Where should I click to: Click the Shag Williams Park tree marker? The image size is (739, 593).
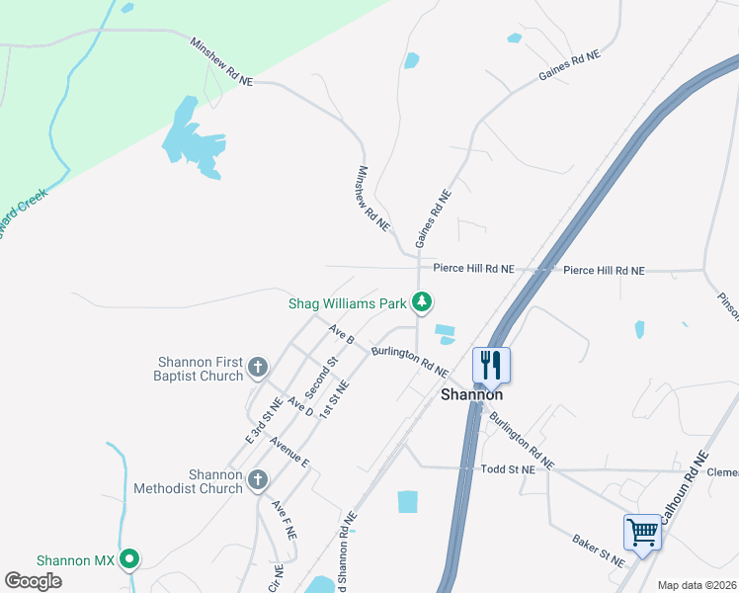pyautogui.click(x=422, y=301)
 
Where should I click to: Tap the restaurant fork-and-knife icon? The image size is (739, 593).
pyautogui.click(x=491, y=365)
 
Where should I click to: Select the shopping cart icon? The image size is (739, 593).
pyautogui.click(x=642, y=533)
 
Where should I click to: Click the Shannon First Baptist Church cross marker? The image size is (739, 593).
pyautogui.click(x=257, y=369)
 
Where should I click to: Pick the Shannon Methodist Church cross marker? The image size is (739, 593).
pyautogui.click(x=257, y=480)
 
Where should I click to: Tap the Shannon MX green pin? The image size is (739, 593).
pyautogui.click(x=128, y=559)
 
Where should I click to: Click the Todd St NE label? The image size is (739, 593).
pyautogui.click(x=507, y=470)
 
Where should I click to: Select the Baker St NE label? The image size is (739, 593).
pyautogui.click(x=599, y=551)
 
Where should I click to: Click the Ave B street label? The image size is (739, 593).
pyautogui.click(x=342, y=334)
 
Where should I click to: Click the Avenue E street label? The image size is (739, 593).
pyautogui.click(x=289, y=454)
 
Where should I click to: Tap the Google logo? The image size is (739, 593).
pyautogui.click(x=33, y=581)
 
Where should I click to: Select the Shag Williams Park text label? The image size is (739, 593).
pyautogui.click(x=348, y=302)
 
